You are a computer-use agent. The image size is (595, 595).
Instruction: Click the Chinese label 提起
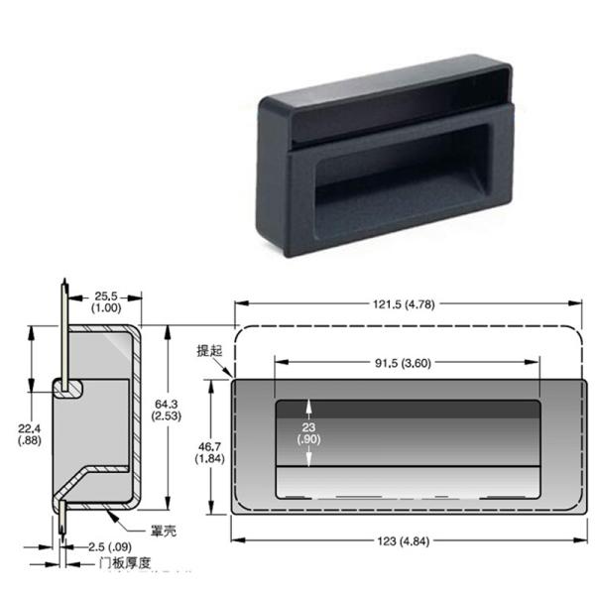(210, 351)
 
